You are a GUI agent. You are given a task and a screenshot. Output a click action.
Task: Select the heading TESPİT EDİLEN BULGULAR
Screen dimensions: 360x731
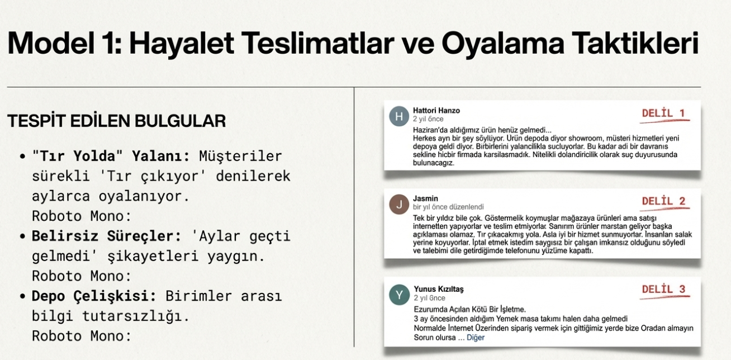click(x=117, y=121)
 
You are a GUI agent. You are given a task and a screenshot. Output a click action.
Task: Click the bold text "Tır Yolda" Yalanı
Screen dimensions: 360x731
click(x=112, y=156)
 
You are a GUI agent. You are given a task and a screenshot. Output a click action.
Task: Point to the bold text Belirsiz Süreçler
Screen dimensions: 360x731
click(x=106, y=236)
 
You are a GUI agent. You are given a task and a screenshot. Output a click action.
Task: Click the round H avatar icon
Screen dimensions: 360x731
click(x=398, y=116)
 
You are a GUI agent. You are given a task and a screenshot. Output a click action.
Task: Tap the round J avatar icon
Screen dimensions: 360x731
click(x=399, y=205)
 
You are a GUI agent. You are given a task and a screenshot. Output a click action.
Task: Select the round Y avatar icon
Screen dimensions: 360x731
click(x=399, y=295)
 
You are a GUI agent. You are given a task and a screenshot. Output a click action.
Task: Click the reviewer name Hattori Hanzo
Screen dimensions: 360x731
click(x=436, y=111)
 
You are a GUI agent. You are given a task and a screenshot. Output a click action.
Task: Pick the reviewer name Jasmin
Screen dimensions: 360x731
click(x=425, y=198)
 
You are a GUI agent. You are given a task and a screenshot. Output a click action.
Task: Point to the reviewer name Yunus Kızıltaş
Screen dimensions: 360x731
click(x=438, y=289)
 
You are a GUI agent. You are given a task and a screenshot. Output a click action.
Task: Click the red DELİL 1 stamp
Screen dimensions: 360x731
click(x=663, y=114)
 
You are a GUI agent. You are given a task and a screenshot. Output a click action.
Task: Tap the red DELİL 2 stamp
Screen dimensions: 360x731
click(x=663, y=201)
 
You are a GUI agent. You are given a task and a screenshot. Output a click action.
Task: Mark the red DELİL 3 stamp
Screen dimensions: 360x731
click(x=663, y=290)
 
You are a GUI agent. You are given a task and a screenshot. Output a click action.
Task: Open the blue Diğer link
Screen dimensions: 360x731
click(x=475, y=338)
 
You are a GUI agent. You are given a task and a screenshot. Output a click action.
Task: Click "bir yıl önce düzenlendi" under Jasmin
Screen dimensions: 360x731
click(x=448, y=207)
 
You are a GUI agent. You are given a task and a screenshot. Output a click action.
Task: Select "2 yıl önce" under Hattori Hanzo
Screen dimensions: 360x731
click(x=428, y=119)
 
